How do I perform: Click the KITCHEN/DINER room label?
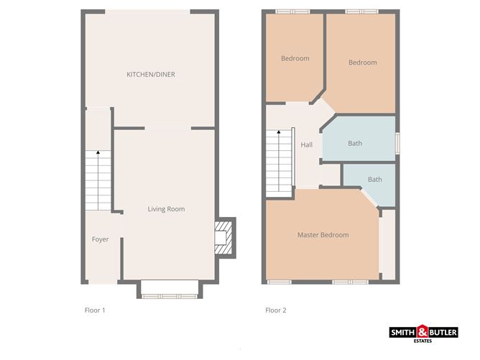click(151, 75)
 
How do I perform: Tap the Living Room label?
click(166, 209)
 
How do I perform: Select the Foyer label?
click(100, 239)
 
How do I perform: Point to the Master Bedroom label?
click(323, 235)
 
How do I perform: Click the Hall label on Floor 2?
click(306, 145)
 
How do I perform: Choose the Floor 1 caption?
click(95, 310)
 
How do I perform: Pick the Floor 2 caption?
click(276, 310)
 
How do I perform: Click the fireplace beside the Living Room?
click(226, 238)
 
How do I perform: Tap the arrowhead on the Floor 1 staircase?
click(98, 152)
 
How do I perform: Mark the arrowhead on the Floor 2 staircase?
click(279, 132)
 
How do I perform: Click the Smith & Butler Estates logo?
click(424, 333)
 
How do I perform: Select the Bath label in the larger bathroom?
click(355, 143)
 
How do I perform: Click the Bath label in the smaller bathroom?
click(375, 180)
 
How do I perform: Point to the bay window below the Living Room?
click(170, 290)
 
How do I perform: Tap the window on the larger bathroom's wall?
click(397, 143)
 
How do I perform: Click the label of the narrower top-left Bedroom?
click(295, 58)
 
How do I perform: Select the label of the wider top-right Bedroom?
click(363, 63)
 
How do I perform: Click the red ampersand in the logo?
click(423, 331)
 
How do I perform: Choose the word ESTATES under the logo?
click(423, 341)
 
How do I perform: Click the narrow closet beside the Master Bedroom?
click(389, 244)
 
